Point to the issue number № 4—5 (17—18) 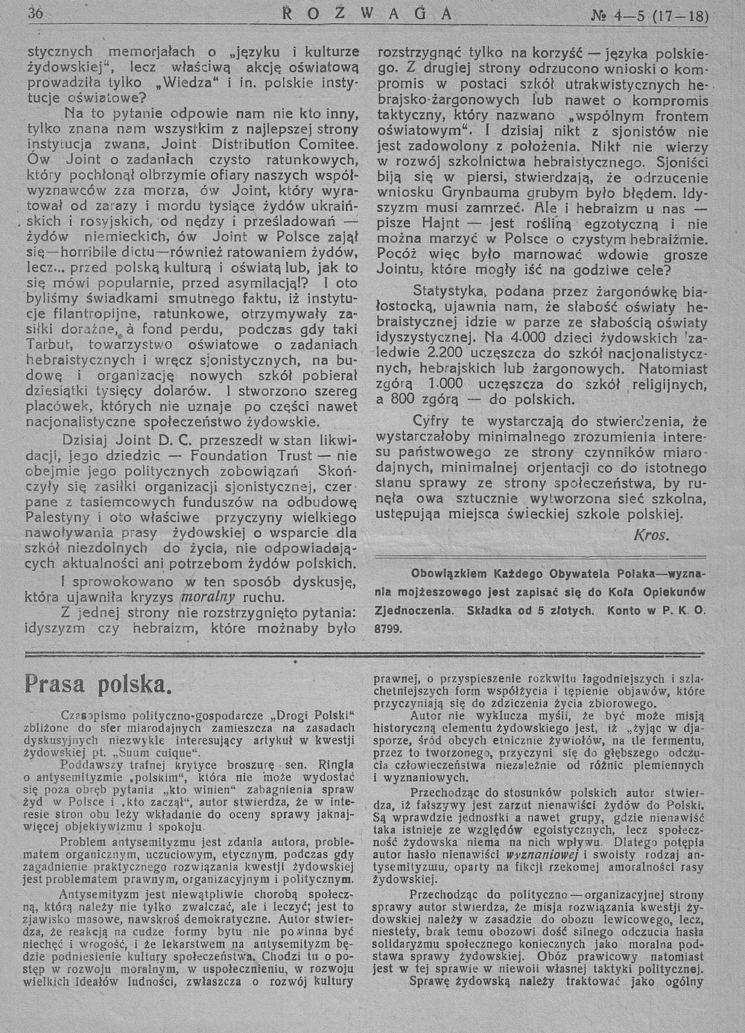point(659,16)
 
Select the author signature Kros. point(652,535)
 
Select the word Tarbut point(48,345)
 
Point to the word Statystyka point(449,290)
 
